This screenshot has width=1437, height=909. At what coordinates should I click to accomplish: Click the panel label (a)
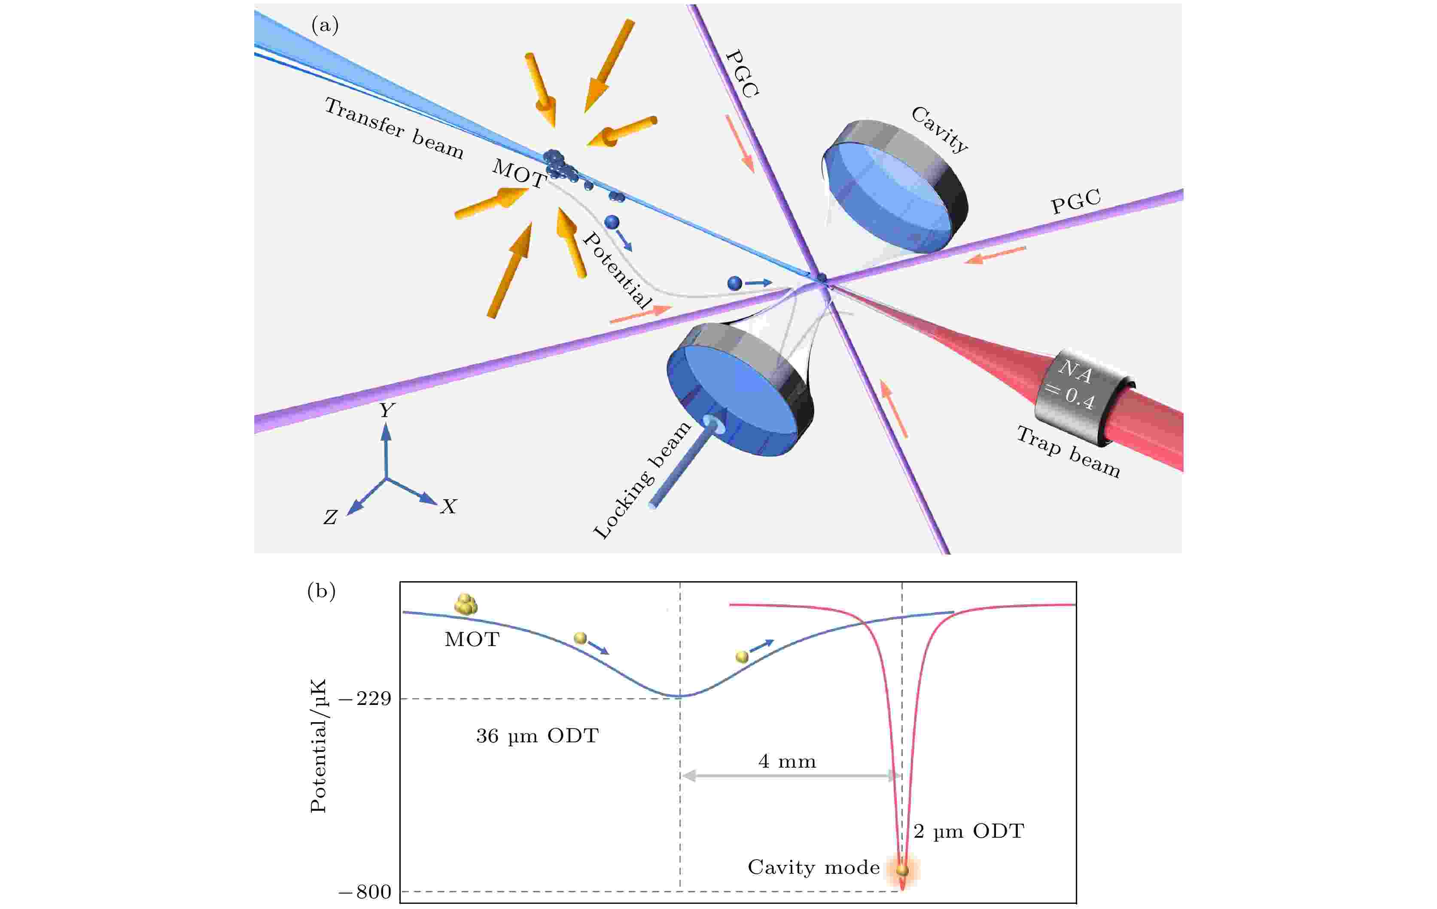[325, 26]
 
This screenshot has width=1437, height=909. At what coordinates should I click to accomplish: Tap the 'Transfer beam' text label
[394, 129]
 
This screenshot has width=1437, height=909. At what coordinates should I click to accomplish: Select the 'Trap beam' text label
[1068, 452]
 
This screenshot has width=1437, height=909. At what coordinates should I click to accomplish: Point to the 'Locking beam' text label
[642, 480]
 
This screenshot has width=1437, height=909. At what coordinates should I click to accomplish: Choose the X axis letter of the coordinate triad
[448, 507]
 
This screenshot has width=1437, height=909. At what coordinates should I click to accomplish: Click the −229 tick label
[365, 699]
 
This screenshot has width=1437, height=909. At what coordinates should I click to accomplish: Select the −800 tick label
[365, 892]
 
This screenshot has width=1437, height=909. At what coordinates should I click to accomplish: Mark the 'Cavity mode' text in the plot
[813, 867]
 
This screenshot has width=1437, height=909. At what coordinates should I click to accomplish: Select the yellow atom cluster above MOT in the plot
[466, 604]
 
